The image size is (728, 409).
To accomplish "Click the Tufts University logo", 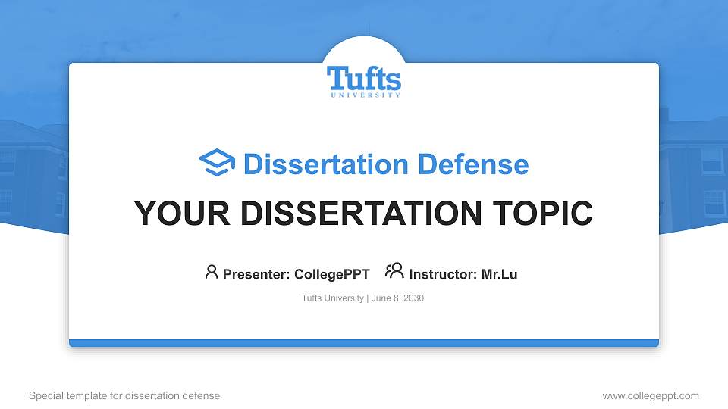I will [364, 80].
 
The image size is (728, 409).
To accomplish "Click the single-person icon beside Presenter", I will [212, 272].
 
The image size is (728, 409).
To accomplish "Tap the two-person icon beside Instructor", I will [394, 271].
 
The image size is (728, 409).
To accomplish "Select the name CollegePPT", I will [331, 274].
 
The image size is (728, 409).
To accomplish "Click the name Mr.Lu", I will [499, 274].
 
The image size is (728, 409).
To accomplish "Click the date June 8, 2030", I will [397, 298].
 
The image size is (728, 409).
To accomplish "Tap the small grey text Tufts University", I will [333, 298].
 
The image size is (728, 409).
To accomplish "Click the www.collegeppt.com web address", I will [651, 395].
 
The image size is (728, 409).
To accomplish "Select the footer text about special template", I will [124, 395].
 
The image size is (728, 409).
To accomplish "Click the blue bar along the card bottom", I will [364, 343].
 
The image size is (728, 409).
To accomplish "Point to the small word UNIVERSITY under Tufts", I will [365, 95].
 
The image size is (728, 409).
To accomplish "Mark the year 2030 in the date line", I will [414, 298].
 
